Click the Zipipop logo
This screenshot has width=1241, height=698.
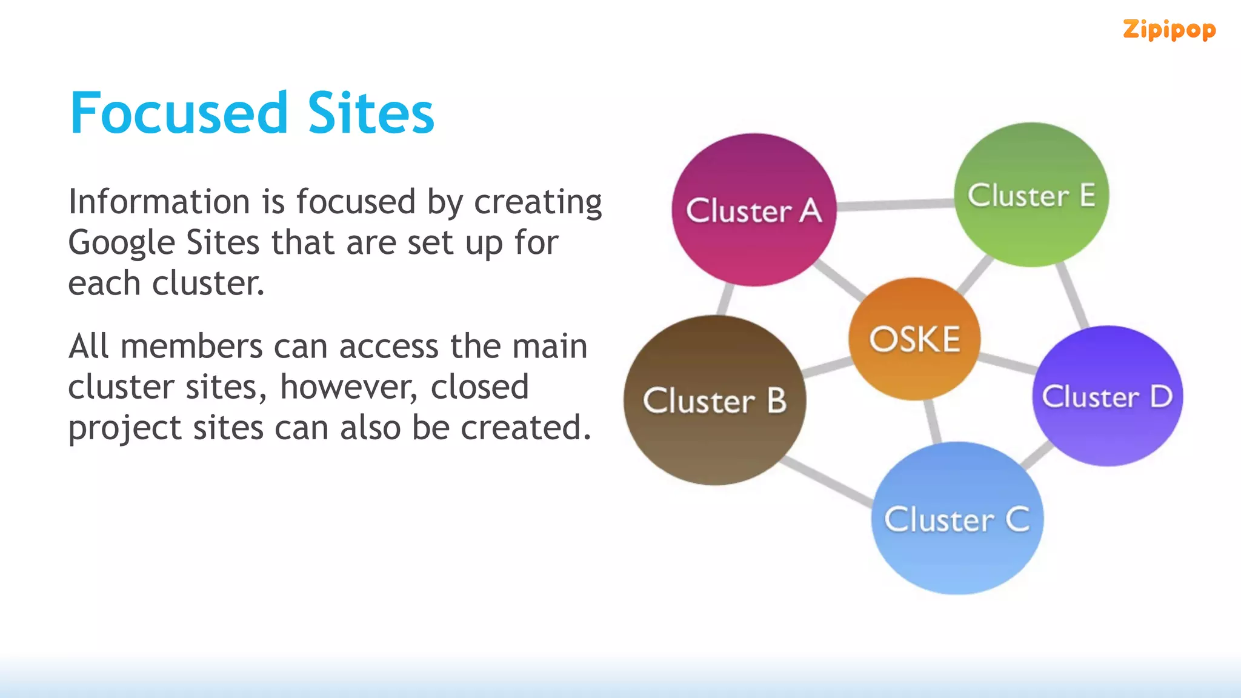click(x=1169, y=30)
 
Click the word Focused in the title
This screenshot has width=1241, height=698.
click(x=179, y=113)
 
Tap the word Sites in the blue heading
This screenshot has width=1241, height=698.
click(x=371, y=113)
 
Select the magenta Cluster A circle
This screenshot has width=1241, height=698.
click(x=753, y=210)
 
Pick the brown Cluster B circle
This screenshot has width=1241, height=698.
click(x=714, y=400)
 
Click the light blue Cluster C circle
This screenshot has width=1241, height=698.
click(x=957, y=519)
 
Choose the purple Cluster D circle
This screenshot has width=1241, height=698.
click(x=1107, y=396)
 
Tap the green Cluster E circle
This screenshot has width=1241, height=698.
click(x=1031, y=195)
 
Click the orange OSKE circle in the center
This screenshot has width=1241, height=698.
click(x=914, y=339)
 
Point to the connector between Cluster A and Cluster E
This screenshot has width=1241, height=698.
click(x=895, y=205)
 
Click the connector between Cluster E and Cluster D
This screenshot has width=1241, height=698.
click(x=1073, y=296)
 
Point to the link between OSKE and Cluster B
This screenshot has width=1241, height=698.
click(x=827, y=366)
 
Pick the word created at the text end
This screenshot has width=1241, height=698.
click(x=525, y=428)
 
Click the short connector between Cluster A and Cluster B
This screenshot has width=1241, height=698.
click(x=725, y=299)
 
